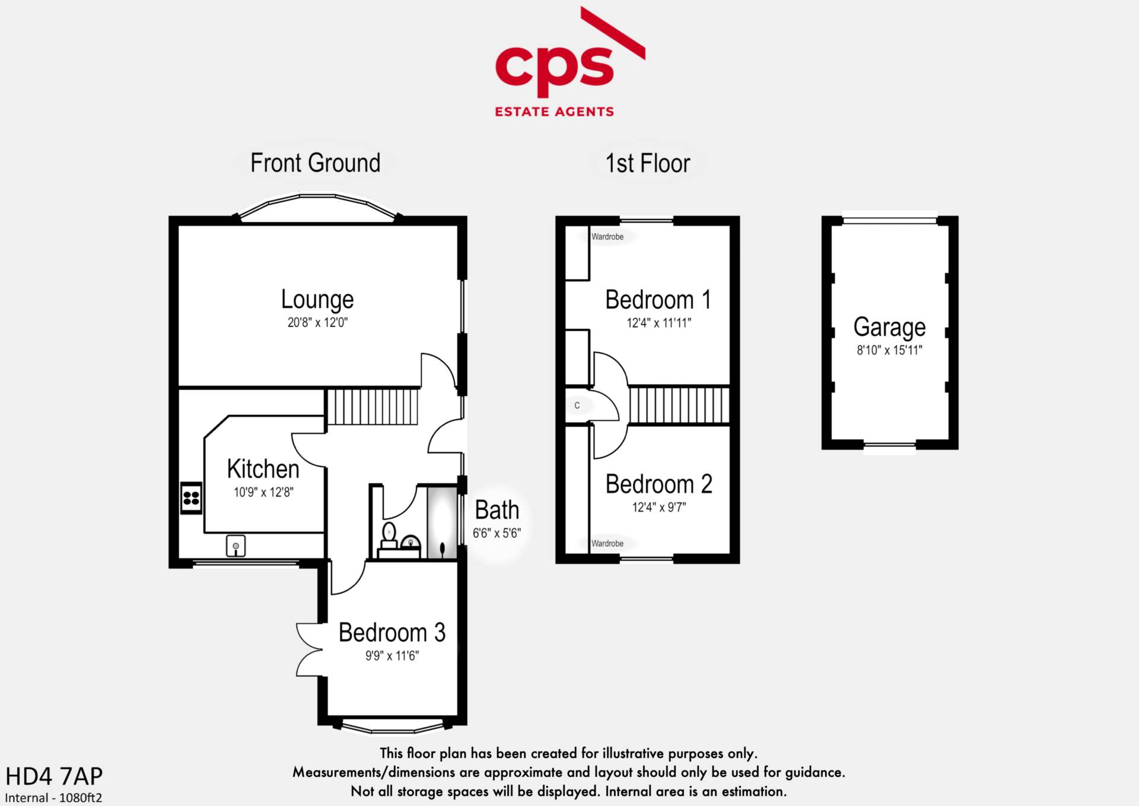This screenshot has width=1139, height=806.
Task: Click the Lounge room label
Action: [x=317, y=300]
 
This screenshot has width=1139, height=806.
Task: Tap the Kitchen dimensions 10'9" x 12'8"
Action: [x=263, y=492]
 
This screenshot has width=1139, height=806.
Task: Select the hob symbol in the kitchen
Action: [x=191, y=497]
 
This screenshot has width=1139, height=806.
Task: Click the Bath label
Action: [x=497, y=510]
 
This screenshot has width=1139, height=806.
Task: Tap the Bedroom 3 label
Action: [x=392, y=633]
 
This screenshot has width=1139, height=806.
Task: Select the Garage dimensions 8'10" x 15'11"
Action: [x=889, y=350]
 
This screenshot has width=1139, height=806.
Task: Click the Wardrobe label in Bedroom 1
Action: [x=607, y=237]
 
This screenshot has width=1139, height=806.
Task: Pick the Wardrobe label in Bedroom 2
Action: [x=607, y=544]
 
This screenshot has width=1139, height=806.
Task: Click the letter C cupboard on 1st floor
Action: [x=577, y=406]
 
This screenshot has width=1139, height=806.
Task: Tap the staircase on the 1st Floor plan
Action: [x=679, y=405]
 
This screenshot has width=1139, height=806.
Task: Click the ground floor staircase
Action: [x=373, y=407]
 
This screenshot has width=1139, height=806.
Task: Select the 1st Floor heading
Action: [x=648, y=163]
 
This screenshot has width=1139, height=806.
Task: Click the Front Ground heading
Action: [x=315, y=163]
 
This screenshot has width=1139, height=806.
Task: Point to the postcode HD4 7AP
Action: [x=54, y=776]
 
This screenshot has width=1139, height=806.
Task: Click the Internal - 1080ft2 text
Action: [x=53, y=798]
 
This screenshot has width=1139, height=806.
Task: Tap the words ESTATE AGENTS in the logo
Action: [x=555, y=112]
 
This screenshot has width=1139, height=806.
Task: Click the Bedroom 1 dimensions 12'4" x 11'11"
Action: [x=658, y=323]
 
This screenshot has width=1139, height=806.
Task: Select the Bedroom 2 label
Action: [x=658, y=484]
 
